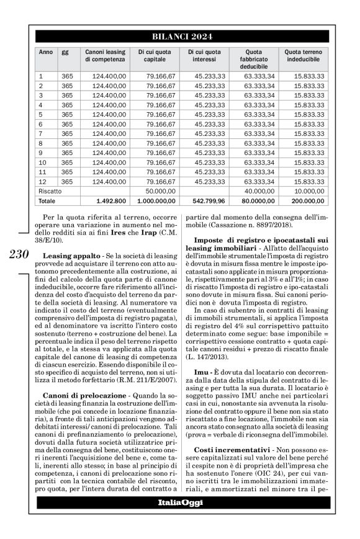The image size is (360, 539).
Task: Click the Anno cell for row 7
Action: [41, 133]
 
